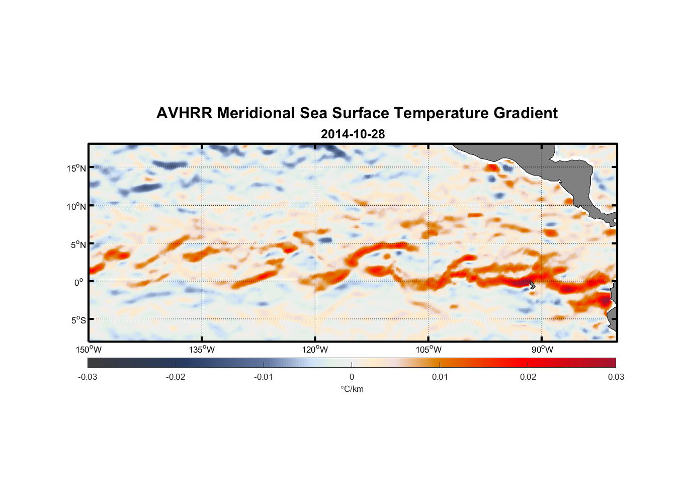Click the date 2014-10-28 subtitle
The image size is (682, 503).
353,134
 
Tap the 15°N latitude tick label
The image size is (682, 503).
76,168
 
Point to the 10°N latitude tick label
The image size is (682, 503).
76,206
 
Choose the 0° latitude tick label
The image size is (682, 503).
79,282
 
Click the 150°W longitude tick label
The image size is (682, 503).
89,350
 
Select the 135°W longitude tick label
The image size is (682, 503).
202,350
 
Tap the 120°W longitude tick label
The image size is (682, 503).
315,350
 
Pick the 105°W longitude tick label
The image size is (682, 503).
429,350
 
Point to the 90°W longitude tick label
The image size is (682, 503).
542,350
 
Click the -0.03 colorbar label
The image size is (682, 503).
88,377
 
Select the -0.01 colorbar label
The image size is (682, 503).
264,377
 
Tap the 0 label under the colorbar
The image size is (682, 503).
352,377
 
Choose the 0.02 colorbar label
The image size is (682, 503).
528,377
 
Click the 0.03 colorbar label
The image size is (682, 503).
616,377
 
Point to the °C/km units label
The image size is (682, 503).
352,389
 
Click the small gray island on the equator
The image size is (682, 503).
532,285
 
